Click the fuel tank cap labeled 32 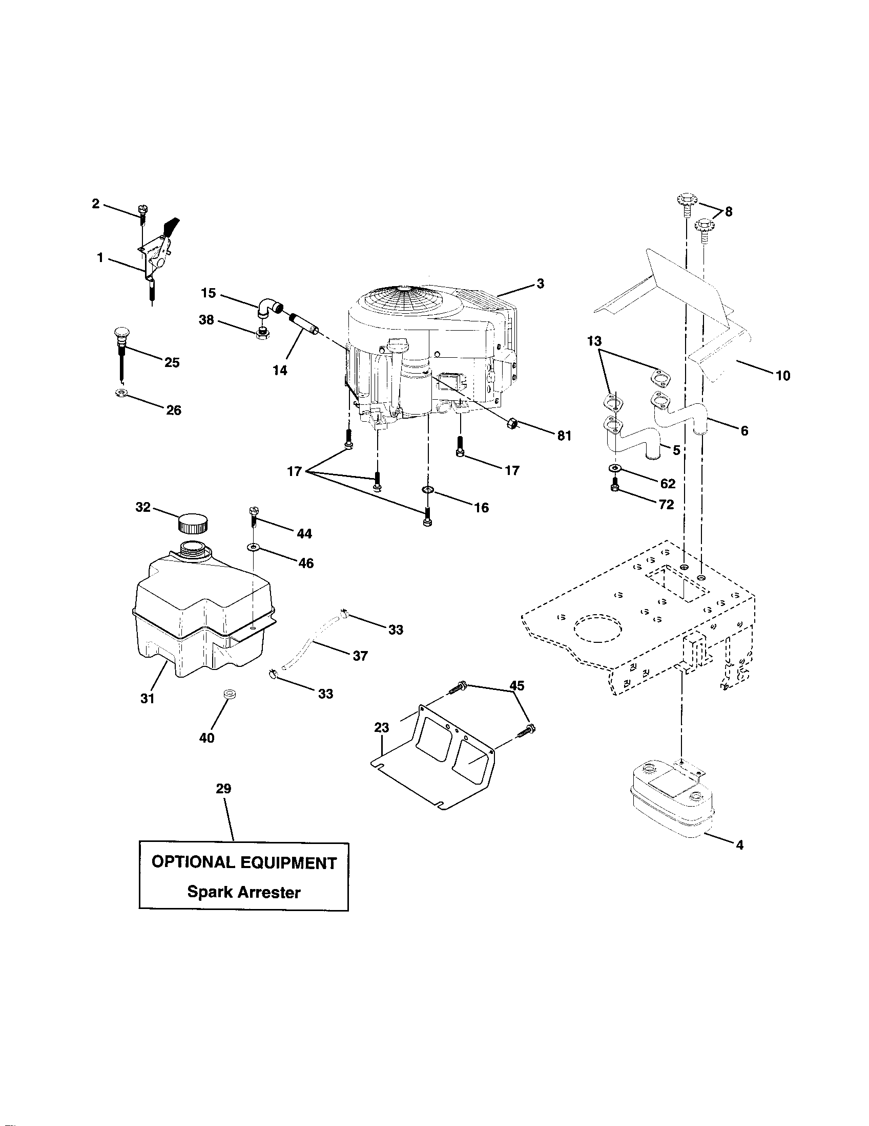click(x=193, y=523)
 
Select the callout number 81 click(x=564, y=436)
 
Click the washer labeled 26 click(x=122, y=394)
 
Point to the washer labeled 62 click(x=614, y=468)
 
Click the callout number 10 click(x=782, y=376)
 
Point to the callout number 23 click(x=381, y=727)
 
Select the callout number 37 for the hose click(x=360, y=656)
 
